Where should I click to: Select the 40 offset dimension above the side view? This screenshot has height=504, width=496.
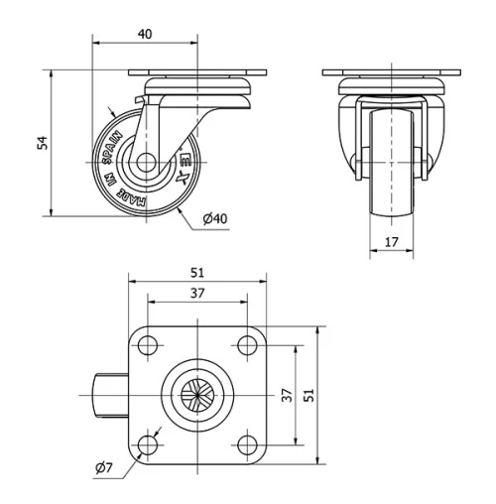(x=144, y=34)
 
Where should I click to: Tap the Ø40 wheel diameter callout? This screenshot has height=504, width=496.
(x=216, y=218)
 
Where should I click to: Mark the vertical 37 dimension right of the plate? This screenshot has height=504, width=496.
(x=287, y=395)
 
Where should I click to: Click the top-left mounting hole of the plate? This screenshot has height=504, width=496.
(x=148, y=346)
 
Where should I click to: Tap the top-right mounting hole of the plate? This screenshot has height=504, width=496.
(x=245, y=346)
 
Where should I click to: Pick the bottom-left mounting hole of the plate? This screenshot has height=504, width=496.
(x=148, y=443)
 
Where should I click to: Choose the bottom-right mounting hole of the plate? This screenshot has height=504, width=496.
(x=245, y=443)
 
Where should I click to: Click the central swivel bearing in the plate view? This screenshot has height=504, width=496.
(x=196, y=395)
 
